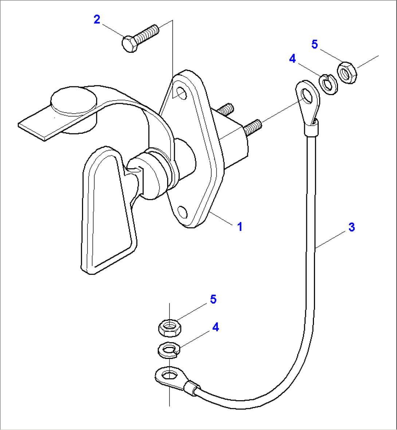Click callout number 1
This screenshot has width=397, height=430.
[x=239, y=227]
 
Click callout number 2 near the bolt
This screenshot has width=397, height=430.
[x=97, y=19]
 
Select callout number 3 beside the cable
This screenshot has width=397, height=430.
[x=351, y=227]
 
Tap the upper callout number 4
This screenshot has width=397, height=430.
[x=292, y=59]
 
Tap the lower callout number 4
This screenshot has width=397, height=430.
[x=216, y=327]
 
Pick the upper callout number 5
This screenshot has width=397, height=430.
[x=315, y=44]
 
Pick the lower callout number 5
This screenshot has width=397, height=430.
[x=213, y=299]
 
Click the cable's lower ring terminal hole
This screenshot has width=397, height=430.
[x=168, y=374]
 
